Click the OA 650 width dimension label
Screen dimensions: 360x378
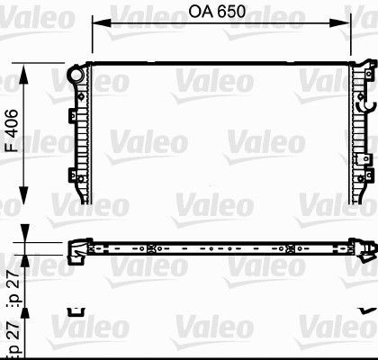pyautogui.click(x=219, y=15)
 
